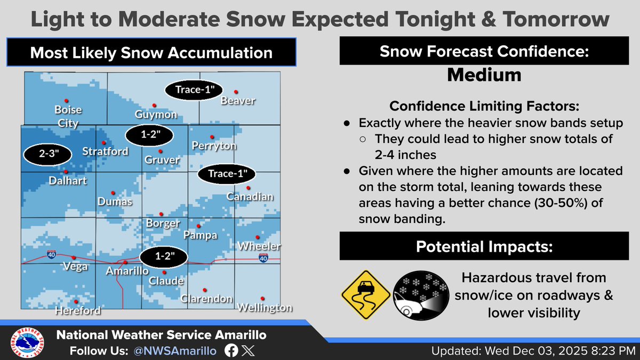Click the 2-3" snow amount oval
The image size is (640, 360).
pos(47,154)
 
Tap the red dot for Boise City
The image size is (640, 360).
pos(66,101)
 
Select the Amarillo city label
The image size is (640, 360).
pos(127,271)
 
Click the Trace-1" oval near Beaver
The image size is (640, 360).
pos(194,90)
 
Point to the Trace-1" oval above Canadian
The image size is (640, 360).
pos(227,174)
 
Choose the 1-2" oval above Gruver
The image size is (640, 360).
pos(149,135)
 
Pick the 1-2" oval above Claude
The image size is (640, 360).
pos(164,257)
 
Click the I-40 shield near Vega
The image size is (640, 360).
pos(51,254)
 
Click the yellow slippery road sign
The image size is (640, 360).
pos(366,295)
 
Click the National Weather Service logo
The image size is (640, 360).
pos(27,342)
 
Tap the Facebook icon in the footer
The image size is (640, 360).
pos(231,350)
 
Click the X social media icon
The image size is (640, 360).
pos(248,350)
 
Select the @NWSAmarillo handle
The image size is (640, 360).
pos(175,351)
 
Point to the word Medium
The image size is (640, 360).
pos(484,75)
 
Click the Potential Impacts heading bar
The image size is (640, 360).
pos(484,246)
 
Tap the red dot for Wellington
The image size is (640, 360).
pos(262,299)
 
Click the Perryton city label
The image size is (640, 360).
pos(214,146)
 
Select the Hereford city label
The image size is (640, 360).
pos(78,310)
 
